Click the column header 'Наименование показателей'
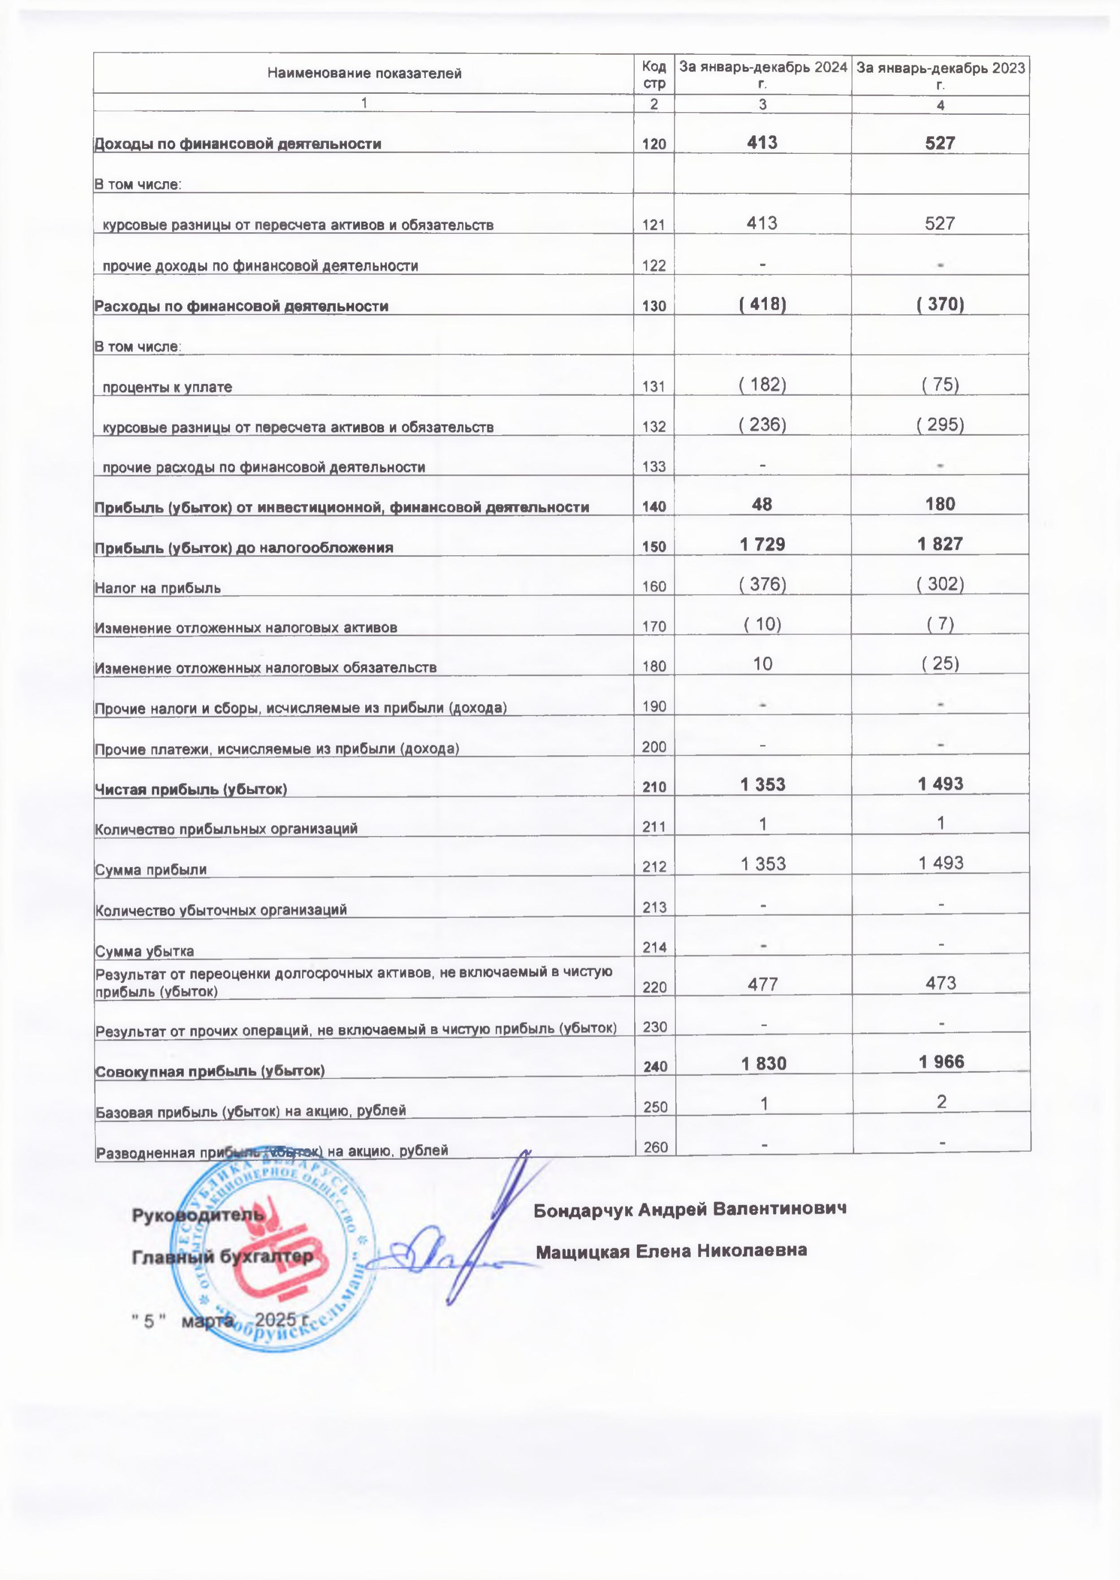pyautogui.click(x=364, y=73)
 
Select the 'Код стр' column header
pyautogui.click(x=653, y=74)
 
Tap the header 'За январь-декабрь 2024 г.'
pyautogui.click(x=763, y=74)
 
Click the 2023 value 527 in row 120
pyautogui.click(x=940, y=143)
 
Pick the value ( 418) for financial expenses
pyautogui.click(x=762, y=304)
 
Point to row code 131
pyautogui.click(x=653, y=387)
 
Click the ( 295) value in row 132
pyautogui.click(x=940, y=424)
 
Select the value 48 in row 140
pyautogui.click(x=762, y=505)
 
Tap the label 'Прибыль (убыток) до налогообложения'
pyautogui.click(x=244, y=548)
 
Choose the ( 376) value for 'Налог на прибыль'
pyautogui.click(x=762, y=585)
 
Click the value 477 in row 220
pyautogui.click(x=762, y=983)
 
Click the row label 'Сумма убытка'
pyautogui.click(x=145, y=952)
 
